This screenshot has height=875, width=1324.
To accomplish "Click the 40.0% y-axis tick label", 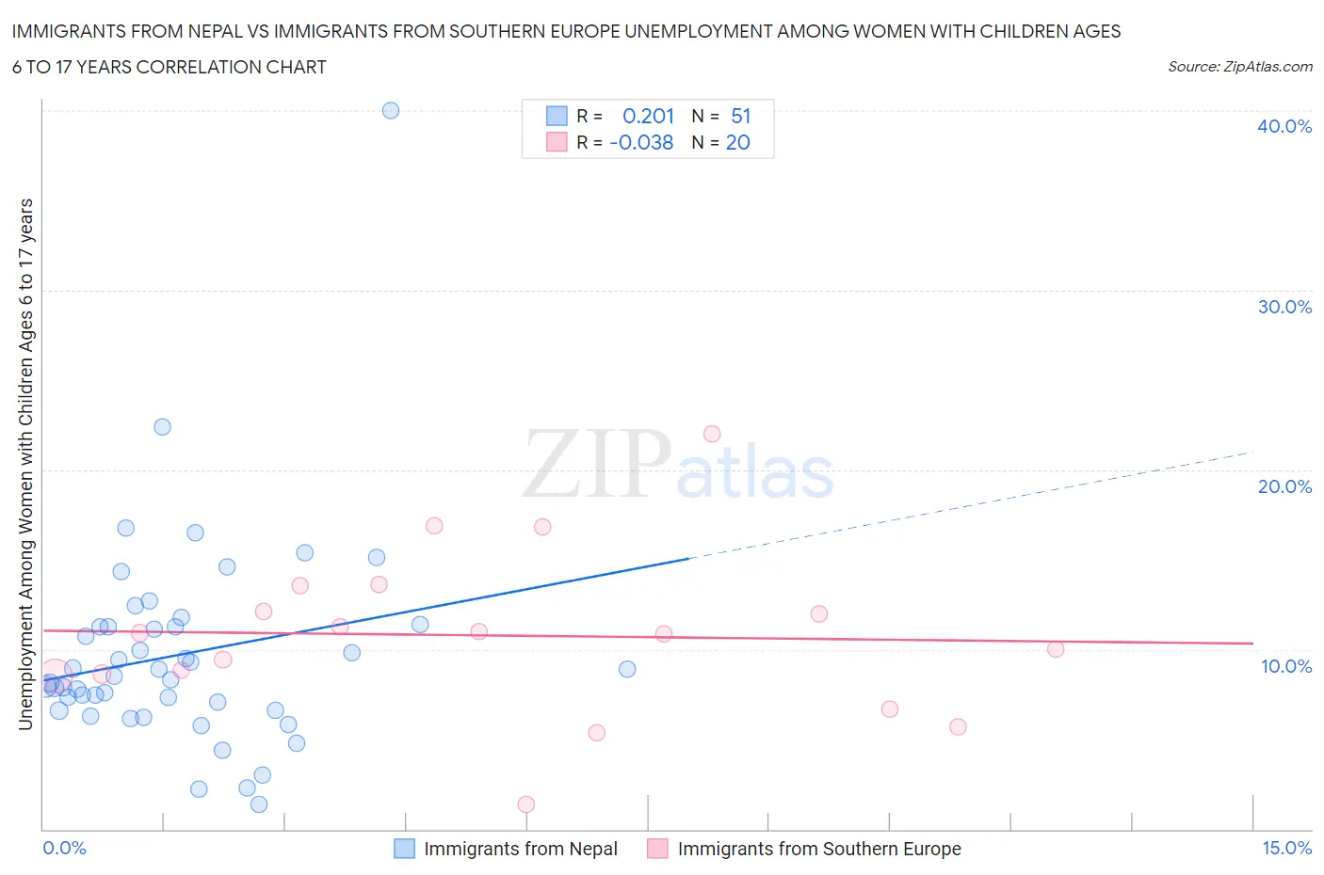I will click(1284, 126).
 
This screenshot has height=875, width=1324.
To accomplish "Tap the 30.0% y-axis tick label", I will click(1284, 307).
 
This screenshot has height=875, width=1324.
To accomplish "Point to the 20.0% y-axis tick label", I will click(1284, 486).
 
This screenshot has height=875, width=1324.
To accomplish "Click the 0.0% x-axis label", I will click(64, 848).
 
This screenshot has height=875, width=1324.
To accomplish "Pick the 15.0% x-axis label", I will click(1286, 848).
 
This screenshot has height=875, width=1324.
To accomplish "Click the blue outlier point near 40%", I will click(391, 110).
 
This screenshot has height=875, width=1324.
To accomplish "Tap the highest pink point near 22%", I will click(712, 434).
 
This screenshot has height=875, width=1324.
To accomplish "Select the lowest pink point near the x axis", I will click(526, 804).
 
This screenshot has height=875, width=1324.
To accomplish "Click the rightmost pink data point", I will click(1056, 649).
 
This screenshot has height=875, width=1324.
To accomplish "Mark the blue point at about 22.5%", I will click(162, 427).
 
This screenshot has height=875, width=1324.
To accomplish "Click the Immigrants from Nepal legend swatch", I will click(404, 849).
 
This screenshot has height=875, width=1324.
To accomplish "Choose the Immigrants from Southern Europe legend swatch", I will click(657, 849).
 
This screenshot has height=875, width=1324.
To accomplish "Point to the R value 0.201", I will click(648, 116).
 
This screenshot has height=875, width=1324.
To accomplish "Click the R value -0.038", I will click(641, 142).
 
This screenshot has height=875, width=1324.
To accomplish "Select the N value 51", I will click(740, 116).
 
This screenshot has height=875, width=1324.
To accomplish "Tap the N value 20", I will click(737, 142).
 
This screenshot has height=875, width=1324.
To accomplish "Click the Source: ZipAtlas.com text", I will click(1239, 66).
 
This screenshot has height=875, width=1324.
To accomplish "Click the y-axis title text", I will click(25, 464).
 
